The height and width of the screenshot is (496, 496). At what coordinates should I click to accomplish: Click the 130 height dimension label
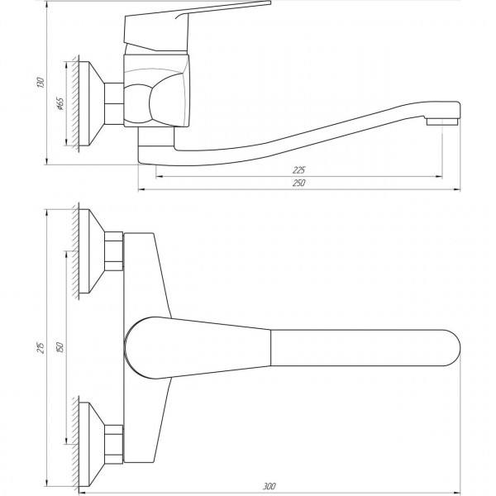[x=41, y=82]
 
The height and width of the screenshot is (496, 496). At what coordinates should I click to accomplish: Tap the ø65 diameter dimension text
[x=60, y=104]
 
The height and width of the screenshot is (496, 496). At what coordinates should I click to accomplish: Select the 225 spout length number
[x=298, y=170]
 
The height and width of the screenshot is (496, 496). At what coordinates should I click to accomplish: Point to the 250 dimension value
[x=299, y=183]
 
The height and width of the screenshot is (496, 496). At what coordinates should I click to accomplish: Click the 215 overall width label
[x=41, y=348]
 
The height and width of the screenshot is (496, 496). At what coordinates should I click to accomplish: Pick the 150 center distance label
[x=60, y=347]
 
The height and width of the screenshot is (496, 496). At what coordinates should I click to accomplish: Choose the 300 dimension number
[x=269, y=486]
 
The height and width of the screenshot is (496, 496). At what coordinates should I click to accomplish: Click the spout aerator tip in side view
[x=442, y=122]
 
